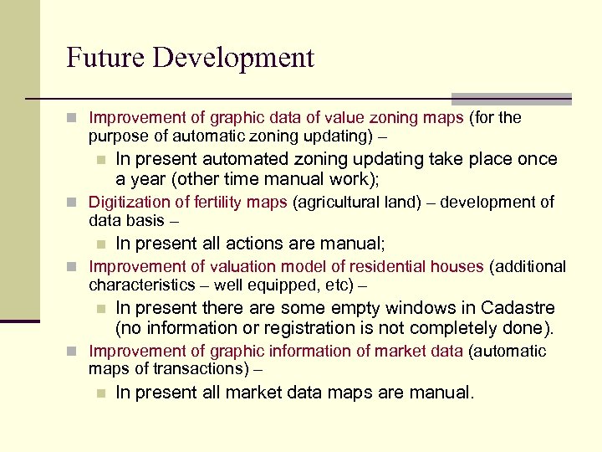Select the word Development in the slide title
(x=231, y=58)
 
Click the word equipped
(x=282, y=285)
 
